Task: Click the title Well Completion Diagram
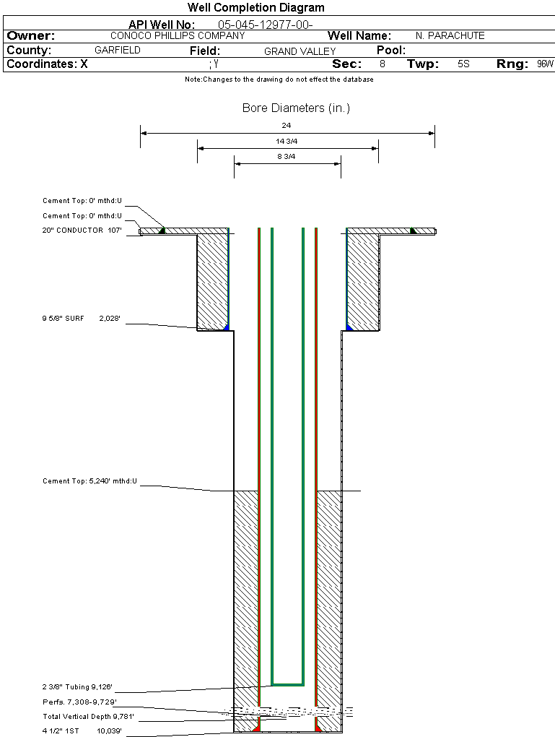point(255,8)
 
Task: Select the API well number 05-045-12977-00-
point(265,25)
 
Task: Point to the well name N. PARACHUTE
point(450,35)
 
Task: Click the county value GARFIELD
point(118,51)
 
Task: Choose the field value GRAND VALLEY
point(300,51)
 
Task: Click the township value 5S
point(463,64)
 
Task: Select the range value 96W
point(545,64)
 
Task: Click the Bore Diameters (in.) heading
point(296,108)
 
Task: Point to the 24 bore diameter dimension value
point(287,125)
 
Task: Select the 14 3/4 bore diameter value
point(287,141)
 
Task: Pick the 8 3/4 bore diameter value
point(287,156)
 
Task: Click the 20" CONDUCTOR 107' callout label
point(82,230)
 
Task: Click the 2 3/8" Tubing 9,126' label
point(77,687)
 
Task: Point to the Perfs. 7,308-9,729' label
point(79,702)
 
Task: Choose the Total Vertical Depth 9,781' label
point(88,717)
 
